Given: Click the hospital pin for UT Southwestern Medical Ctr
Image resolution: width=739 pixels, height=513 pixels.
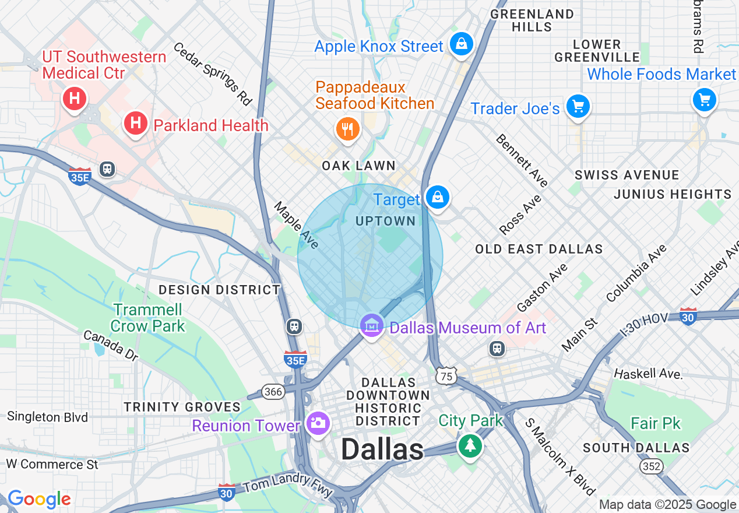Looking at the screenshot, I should (x=75, y=99).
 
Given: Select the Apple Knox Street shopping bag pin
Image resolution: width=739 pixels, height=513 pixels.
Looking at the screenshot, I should (x=461, y=44).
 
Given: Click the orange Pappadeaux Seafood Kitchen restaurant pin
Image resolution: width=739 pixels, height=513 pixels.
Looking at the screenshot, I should (x=348, y=129).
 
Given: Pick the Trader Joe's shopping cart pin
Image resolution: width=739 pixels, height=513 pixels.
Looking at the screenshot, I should (x=578, y=107).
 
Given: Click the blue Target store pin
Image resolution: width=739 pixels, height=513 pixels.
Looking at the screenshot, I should (x=437, y=198).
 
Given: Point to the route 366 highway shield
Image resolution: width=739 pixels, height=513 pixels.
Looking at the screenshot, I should (x=273, y=392).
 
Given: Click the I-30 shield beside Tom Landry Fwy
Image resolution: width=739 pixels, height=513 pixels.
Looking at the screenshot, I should (x=227, y=492).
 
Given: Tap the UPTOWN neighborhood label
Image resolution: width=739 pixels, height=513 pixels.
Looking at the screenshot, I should (x=385, y=222).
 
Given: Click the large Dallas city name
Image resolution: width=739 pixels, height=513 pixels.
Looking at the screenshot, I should (x=382, y=449).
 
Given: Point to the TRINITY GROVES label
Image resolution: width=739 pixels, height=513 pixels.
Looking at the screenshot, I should (x=182, y=407).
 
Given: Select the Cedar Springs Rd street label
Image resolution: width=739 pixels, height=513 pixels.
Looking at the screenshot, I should (x=212, y=73).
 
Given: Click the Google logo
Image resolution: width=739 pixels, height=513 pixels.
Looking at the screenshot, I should (x=39, y=499).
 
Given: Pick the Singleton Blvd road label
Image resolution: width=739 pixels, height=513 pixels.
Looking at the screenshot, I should (x=47, y=417).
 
